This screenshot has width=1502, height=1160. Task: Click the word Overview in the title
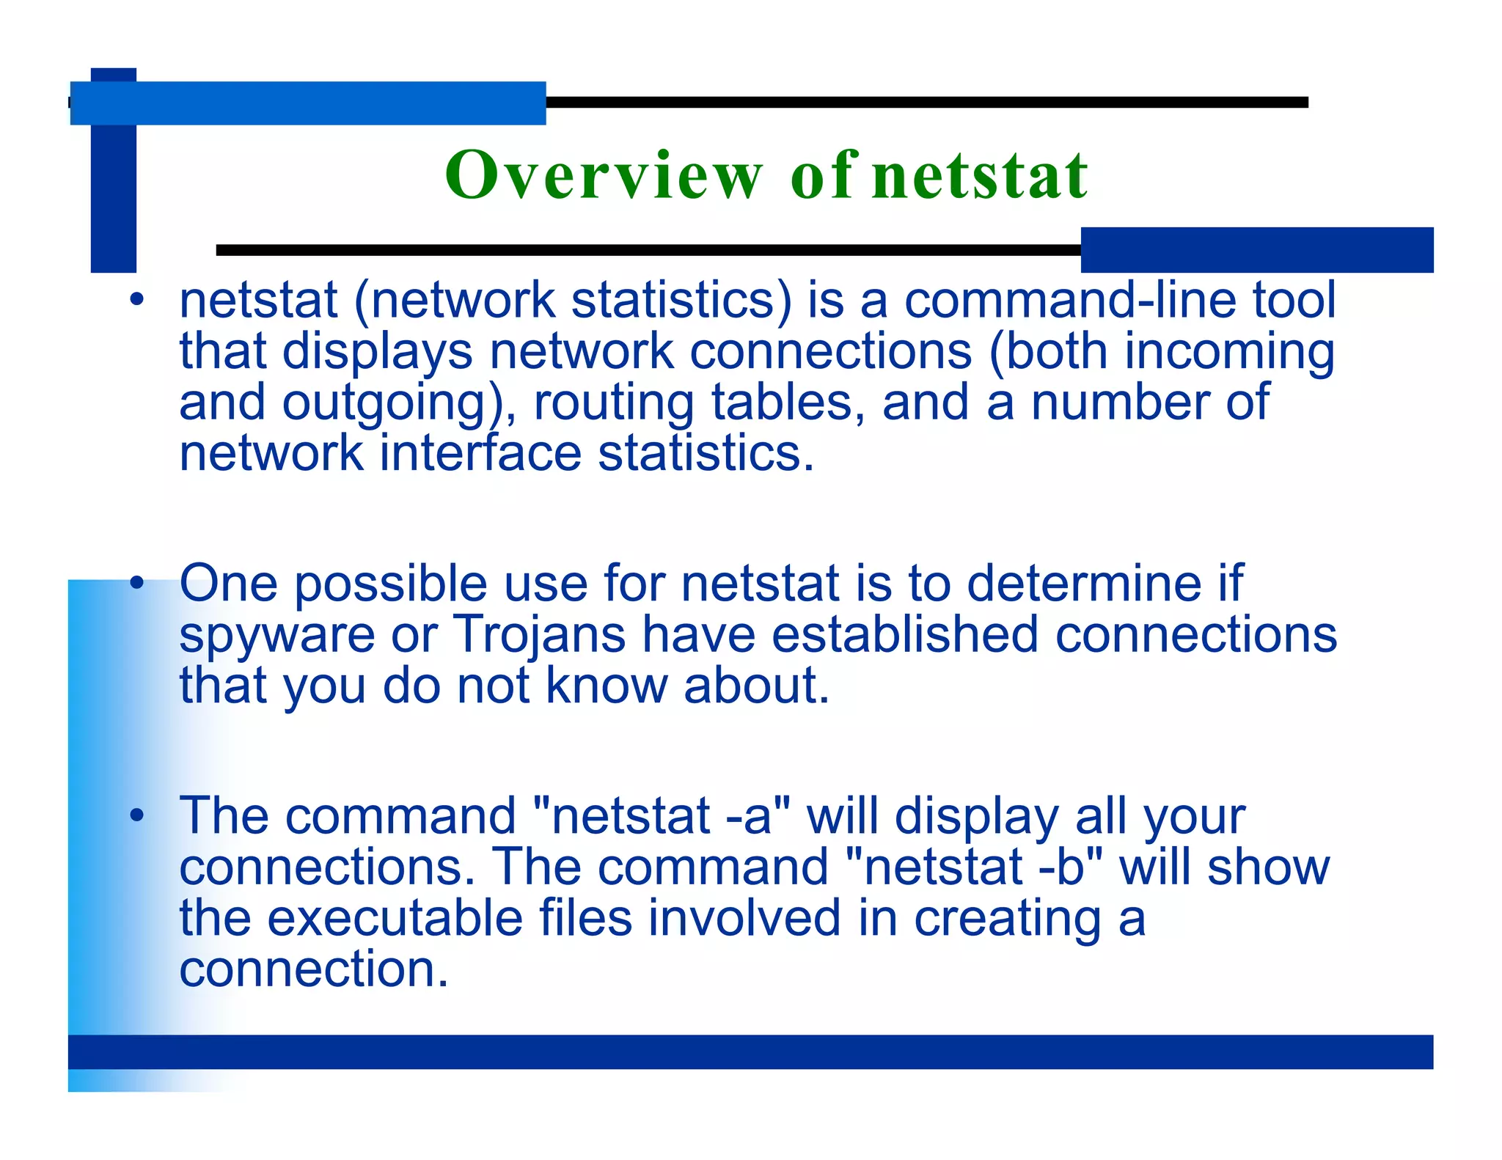pos(604,176)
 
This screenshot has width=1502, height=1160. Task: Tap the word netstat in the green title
pos(980,176)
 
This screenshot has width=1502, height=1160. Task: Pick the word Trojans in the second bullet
pos(539,634)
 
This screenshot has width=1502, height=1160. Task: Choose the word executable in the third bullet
pos(394,918)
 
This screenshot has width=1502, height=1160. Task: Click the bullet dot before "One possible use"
pos(136,584)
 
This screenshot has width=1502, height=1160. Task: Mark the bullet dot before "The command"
pos(136,816)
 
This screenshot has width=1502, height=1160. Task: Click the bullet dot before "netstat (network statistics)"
pos(136,300)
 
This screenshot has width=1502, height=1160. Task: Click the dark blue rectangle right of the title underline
pos(1256,250)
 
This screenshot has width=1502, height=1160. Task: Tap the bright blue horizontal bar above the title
pos(308,103)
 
